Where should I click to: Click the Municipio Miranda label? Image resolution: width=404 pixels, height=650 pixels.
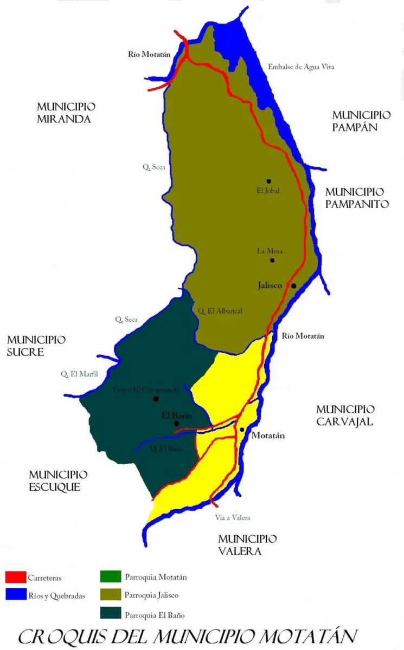pos(63,113)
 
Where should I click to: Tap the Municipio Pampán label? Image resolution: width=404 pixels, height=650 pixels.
pos(361,121)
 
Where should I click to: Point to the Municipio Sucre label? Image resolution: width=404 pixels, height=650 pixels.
pos(36,346)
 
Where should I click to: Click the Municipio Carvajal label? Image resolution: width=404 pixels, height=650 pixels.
pos(345,415)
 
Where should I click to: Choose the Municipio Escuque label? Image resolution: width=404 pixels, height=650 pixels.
pos(58,481)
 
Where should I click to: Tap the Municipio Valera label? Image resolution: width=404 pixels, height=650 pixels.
pos(247,545)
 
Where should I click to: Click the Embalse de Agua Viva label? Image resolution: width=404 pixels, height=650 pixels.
pos(301,67)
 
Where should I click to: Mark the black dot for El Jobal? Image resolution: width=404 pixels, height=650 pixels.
pos(268,181)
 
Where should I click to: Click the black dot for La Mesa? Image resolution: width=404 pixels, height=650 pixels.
pos(272,261)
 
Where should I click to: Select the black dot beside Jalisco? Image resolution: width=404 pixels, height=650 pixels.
pos(293,285)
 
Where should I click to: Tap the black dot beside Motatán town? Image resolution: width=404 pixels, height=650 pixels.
pos(242,430)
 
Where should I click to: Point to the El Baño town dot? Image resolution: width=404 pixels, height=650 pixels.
pos(176,424)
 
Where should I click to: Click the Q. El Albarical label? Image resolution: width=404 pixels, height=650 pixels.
pos(220,311)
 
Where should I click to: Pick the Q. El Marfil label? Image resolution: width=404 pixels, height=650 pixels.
pos(79,374)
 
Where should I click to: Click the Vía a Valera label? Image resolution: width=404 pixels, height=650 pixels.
pos(233,518)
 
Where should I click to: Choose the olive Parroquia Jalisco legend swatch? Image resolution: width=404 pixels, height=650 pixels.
pos(110,595)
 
